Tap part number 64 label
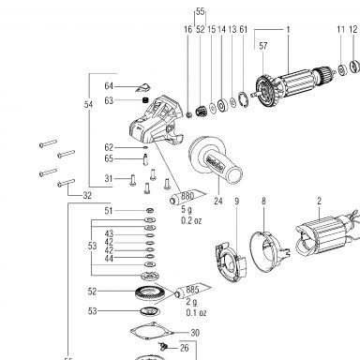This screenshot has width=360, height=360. (x=109, y=86)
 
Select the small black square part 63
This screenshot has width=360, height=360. (x=144, y=100)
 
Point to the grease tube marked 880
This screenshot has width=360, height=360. (x=187, y=197)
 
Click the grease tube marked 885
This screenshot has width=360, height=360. (x=192, y=291)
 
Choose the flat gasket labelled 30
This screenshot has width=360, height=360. (x=152, y=331)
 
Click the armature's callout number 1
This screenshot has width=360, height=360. (x=288, y=30)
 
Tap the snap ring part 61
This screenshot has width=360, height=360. (x=244, y=99)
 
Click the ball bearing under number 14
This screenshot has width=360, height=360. (x=222, y=105)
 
